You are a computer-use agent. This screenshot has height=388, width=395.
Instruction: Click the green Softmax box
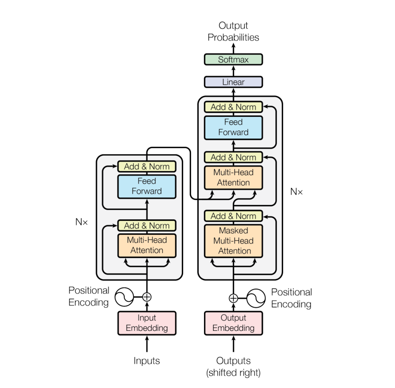coord(233,60)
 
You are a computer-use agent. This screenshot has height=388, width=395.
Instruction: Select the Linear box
coord(233,82)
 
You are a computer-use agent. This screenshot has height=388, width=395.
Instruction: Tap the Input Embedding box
coord(147,323)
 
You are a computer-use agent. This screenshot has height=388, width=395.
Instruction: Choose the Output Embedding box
coord(233,323)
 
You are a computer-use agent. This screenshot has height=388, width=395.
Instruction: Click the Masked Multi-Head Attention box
coord(233,241)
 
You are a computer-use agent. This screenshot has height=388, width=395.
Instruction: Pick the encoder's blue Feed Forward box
coord(147,186)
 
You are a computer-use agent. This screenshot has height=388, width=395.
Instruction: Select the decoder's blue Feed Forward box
coord(233,127)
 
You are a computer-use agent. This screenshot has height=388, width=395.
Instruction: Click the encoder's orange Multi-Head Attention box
coord(147,245)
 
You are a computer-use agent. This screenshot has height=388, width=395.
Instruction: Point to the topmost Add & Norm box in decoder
coord(233,107)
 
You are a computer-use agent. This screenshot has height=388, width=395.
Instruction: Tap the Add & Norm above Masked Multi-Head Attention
coord(233,216)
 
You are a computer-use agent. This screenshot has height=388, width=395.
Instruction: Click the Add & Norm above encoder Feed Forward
coord(147,166)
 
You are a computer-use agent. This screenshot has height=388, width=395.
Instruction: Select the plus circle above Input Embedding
coord(147,296)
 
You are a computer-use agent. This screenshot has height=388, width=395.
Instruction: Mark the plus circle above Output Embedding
coord(233,298)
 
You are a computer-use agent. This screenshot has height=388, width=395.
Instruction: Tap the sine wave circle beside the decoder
coord(256,298)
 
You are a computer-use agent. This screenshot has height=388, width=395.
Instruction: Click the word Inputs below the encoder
coord(147,361)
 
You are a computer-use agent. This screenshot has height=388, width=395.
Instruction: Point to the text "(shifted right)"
coord(233,373)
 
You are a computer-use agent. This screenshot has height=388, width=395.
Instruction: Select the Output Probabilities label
coord(233,32)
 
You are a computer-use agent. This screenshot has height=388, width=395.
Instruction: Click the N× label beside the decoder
coord(296,192)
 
